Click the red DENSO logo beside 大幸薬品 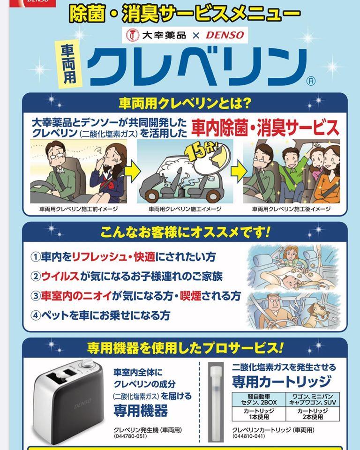225,35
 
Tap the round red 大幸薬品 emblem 132,35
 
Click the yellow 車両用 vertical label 69,64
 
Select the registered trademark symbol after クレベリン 311,81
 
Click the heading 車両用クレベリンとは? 185,103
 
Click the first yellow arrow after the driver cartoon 132,172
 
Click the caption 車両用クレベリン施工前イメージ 78,209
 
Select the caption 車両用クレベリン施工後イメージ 291,209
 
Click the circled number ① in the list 35,256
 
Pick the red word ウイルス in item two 60,276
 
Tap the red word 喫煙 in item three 191,296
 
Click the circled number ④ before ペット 35,315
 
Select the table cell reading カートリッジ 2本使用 313,414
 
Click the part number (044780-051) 130,436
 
